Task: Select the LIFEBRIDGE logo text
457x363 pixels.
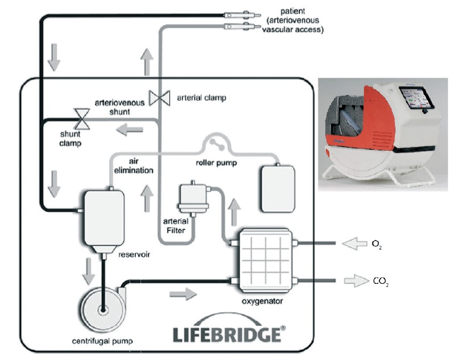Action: point(227,334)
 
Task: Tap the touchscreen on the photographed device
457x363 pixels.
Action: point(414,100)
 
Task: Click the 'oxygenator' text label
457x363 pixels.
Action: point(262,301)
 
